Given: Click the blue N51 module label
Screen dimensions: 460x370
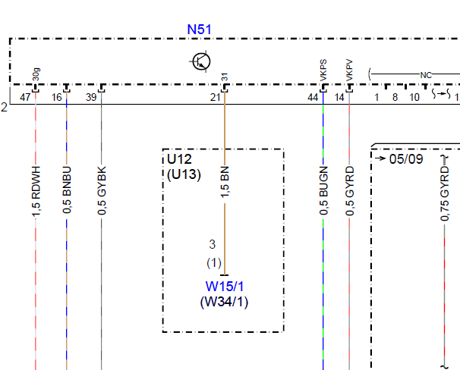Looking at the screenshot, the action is (x=199, y=30).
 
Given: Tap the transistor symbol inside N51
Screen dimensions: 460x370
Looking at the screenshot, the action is (x=201, y=61).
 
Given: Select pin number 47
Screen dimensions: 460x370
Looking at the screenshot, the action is (x=25, y=97).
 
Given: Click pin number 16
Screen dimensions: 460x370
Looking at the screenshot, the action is (x=57, y=97).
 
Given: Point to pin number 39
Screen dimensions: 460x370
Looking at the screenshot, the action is (x=91, y=97).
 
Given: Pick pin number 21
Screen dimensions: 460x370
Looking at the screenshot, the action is (x=215, y=97).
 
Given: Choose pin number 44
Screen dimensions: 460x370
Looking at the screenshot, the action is (x=313, y=97).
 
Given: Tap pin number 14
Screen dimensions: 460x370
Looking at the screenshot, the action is (x=339, y=97).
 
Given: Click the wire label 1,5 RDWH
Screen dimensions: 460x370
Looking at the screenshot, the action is (x=36, y=192).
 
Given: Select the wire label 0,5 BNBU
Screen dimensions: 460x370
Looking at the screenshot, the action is (x=67, y=190).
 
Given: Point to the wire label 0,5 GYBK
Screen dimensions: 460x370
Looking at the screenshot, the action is (x=102, y=190).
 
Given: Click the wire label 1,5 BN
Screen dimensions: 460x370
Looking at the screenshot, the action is (x=225, y=182).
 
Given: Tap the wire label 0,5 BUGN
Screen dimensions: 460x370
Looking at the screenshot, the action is (x=323, y=190).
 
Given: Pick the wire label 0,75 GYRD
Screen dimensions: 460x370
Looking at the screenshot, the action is (x=445, y=193).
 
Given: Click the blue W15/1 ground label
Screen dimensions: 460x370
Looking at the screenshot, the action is (x=225, y=286).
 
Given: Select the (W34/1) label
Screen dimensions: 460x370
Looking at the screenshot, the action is (x=224, y=302).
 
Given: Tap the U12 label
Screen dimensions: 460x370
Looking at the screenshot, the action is (x=179, y=159).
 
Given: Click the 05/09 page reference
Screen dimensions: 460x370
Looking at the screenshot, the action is (x=406, y=159).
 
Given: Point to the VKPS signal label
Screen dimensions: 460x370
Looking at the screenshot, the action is (x=323, y=71).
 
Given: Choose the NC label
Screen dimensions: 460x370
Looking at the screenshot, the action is (x=426, y=75).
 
